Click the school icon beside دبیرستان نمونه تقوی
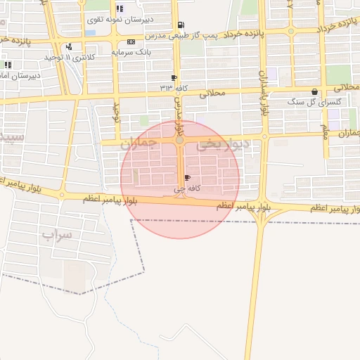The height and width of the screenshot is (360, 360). coord(119,9)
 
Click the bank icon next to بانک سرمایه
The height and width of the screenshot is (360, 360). coord(131,42)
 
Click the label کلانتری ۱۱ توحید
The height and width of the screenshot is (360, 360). coord(70,56)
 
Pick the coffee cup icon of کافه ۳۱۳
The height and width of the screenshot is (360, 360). coord(174,77)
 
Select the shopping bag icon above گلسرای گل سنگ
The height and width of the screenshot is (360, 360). coord(314,91)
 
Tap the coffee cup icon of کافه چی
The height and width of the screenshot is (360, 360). coord(186,177)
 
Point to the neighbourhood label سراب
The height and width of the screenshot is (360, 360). coord(56,235)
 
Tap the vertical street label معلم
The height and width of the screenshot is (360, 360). coord(325,131)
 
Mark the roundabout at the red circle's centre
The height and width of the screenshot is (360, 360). coord(180,141)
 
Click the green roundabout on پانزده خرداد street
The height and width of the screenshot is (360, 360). coord(290,31)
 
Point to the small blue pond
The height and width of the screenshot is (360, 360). coord(90,32)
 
